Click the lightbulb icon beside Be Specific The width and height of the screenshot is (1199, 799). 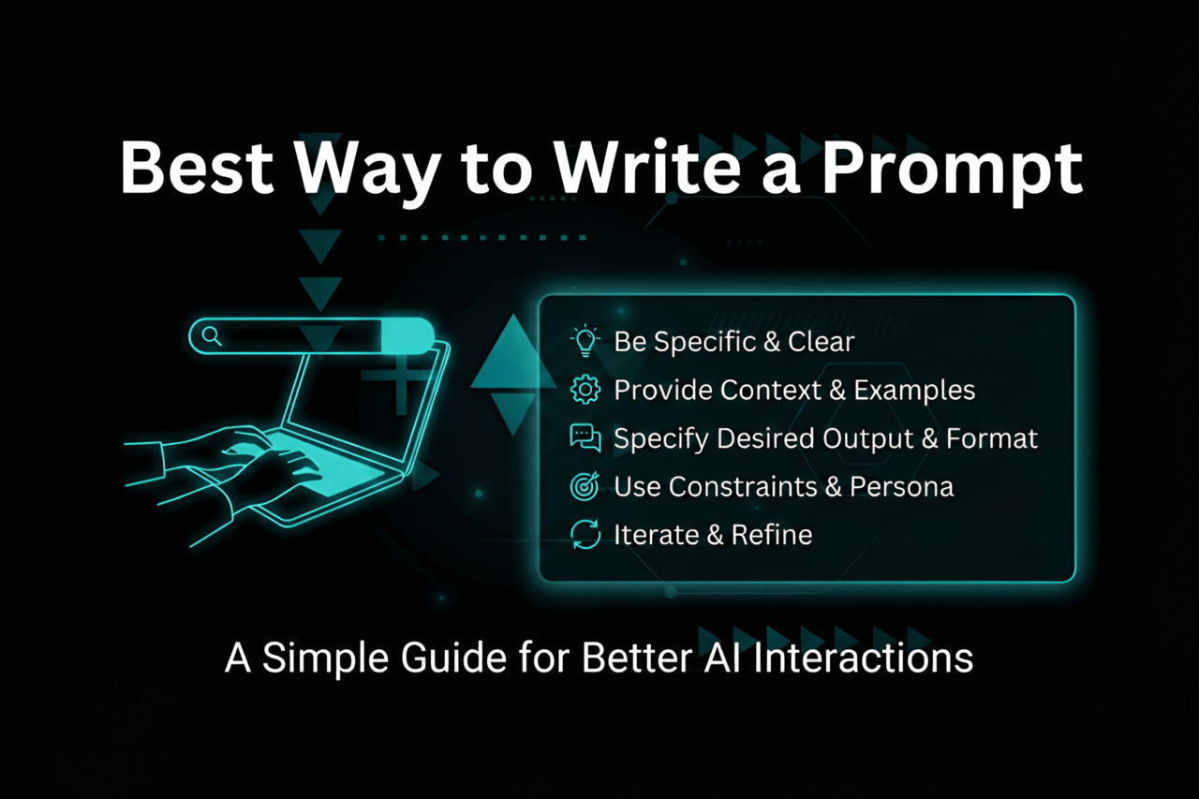(585, 341)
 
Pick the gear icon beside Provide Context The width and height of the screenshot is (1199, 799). (585, 390)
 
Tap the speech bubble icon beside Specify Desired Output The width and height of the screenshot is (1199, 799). (585, 438)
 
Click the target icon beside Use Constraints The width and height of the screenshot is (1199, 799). (585, 487)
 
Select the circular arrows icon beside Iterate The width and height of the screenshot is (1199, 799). (585, 535)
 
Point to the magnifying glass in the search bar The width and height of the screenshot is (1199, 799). (213, 335)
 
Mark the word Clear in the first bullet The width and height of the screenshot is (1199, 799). (821, 342)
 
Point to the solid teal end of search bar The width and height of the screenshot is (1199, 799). (407, 335)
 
